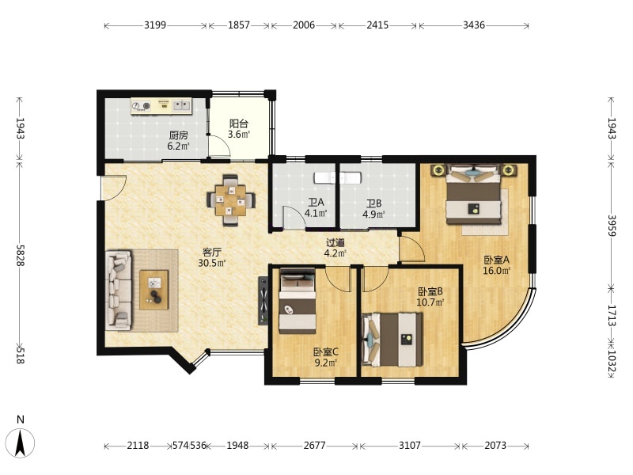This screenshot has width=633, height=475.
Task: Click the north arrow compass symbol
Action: click(21, 443)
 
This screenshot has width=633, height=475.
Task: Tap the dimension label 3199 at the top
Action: click(155, 25)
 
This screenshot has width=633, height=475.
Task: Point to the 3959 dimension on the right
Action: click(612, 226)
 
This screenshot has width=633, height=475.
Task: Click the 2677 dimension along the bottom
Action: click(314, 445)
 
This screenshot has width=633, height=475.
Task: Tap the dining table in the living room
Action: click(230, 200)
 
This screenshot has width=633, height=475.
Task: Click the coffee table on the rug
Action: click(154, 290)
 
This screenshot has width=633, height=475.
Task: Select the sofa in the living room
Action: click(119, 290)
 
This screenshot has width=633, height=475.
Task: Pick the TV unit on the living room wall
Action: click(263, 301)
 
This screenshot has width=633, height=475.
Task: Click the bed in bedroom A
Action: click(473, 195)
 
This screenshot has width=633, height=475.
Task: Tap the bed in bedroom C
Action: click(298, 301)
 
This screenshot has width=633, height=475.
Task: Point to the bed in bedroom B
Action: click(392, 340)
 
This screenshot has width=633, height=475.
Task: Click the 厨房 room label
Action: click(179, 135)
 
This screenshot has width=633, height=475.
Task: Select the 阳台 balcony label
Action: click(239, 123)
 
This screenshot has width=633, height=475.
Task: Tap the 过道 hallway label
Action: click(335, 243)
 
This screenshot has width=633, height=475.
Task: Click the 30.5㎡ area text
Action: click(212, 264)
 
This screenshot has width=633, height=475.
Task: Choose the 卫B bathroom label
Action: click(373, 203)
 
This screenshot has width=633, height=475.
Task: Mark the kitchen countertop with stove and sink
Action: click(161, 106)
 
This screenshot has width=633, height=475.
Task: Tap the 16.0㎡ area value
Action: click(497, 271)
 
